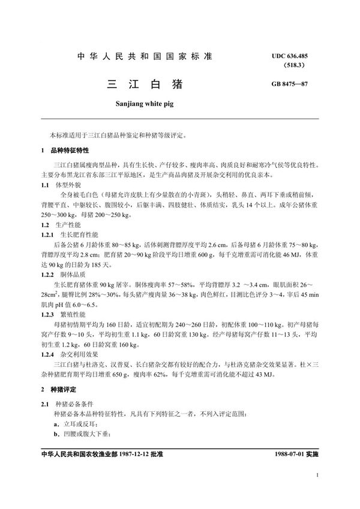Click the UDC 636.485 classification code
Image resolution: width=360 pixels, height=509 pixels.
click(294, 55)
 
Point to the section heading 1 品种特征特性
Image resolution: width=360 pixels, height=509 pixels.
click(63, 150)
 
